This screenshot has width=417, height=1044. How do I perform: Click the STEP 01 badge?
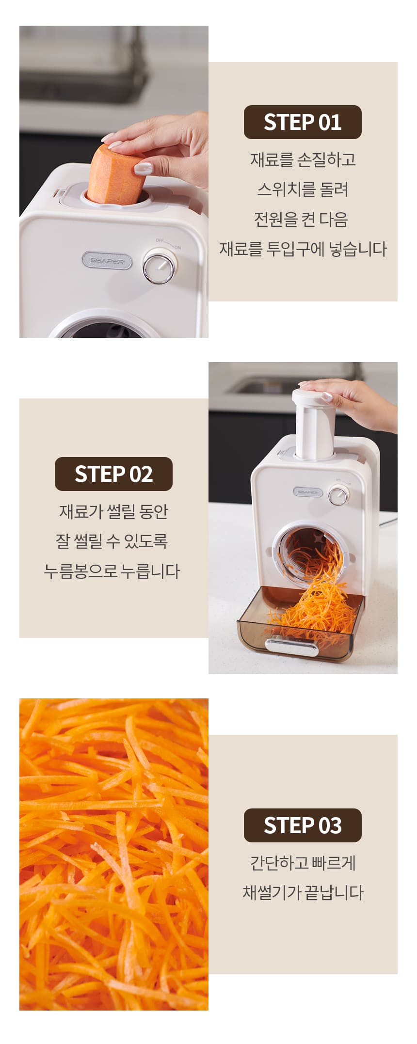pyautogui.click(x=303, y=122)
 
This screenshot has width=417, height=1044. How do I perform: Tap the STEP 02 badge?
pyautogui.click(x=113, y=474)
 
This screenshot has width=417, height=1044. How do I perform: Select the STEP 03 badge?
pyautogui.click(x=303, y=825)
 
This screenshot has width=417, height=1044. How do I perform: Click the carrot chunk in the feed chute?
pyautogui.click(x=116, y=174)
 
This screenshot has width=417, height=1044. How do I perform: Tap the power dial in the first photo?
pyautogui.click(x=159, y=266)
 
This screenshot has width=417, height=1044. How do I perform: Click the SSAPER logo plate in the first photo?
pyautogui.click(x=107, y=260)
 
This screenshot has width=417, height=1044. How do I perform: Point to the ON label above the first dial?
pyautogui.click(x=177, y=248)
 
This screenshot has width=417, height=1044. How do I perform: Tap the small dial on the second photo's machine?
pyautogui.click(x=338, y=496)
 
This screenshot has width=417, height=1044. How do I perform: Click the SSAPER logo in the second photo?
pyautogui.click(x=307, y=492)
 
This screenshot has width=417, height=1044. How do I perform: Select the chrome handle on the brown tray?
pyautogui.click(x=291, y=647)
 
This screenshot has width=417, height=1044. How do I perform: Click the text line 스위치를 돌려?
pyautogui.click(x=303, y=189)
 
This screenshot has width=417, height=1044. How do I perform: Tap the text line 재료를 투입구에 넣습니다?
pyautogui.click(x=303, y=249)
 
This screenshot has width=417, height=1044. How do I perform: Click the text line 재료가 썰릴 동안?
pyautogui.click(x=113, y=511)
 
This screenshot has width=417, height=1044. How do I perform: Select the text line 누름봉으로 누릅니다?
pyautogui.click(x=112, y=571)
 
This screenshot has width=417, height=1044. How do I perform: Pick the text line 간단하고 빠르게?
pyautogui.click(x=303, y=863)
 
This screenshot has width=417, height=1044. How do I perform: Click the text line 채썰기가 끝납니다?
pyautogui.click(x=303, y=892)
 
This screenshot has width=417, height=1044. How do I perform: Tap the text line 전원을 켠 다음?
pyautogui.click(x=301, y=219)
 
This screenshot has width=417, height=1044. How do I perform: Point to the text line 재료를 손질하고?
pyautogui.click(x=303, y=159)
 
